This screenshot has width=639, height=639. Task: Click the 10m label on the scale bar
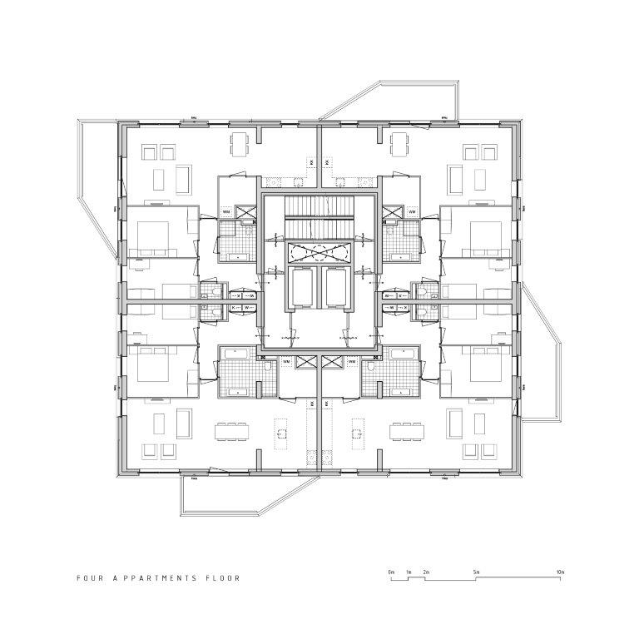click(560, 572)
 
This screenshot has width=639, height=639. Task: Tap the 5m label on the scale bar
click(476, 572)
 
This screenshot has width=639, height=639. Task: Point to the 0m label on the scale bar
click(390, 572)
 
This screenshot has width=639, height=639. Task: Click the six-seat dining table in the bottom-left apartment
click(232, 433)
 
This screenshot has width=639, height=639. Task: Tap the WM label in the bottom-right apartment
click(353, 362)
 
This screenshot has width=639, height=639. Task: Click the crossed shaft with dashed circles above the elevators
click(319, 253)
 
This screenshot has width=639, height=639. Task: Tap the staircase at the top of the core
click(319, 215)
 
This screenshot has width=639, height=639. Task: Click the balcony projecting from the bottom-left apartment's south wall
click(220, 499)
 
